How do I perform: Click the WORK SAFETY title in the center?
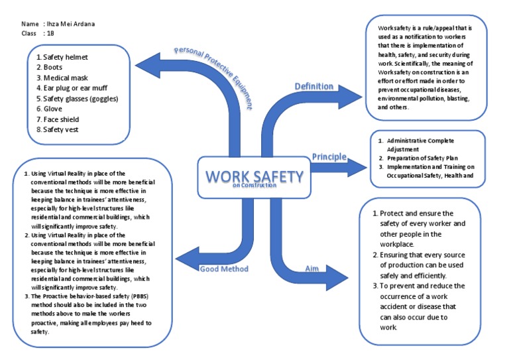(x=254, y=176)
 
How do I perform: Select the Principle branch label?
(x=329, y=156)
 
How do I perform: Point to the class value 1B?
(x=49, y=32)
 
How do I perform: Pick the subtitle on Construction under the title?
(x=254, y=186)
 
